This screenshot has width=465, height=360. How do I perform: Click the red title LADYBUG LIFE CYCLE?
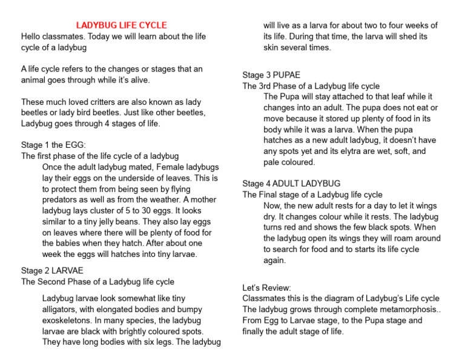(121, 25)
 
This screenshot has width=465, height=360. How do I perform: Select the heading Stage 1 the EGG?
(53, 145)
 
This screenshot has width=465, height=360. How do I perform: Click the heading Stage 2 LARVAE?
(52, 270)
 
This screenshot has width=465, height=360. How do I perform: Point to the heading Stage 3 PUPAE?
(271, 75)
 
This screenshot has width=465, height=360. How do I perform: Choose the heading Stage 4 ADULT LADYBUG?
(291, 183)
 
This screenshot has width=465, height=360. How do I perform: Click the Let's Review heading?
(266, 287)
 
